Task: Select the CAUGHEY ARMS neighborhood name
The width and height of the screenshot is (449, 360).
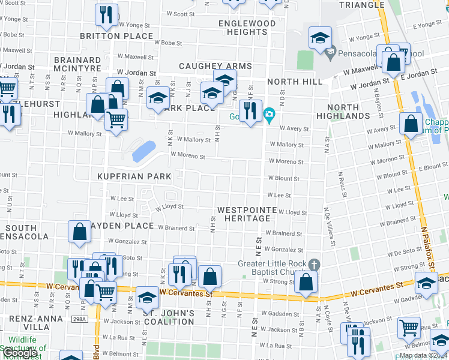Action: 215,66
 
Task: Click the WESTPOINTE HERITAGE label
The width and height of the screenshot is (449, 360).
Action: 247,214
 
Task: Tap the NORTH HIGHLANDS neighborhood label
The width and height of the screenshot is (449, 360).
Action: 352,111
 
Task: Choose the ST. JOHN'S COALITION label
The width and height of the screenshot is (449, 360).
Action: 169,317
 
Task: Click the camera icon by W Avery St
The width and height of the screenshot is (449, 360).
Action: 270,115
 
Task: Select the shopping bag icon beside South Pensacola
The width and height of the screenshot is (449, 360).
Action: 80,232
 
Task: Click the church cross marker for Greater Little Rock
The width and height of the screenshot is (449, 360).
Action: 313,265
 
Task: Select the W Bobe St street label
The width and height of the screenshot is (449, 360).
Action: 167,43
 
